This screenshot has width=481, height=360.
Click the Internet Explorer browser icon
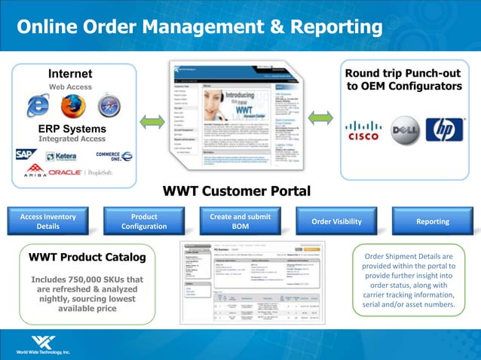click(x=36, y=106)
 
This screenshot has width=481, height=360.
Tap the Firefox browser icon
click(x=72, y=106)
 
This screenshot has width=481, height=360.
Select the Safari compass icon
click(x=108, y=105)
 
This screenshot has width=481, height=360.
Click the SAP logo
click(x=26, y=155)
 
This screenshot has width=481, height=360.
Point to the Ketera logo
click(x=61, y=157)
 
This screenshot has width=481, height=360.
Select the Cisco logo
click(x=363, y=129)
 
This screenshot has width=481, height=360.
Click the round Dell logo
click(x=405, y=129)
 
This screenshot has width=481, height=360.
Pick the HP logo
click(x=445, y=129)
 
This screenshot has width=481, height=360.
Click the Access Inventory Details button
click(x=47, y=221)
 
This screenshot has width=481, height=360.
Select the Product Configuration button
click(x=144, y=221)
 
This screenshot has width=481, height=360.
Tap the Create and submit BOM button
click(x=240, y=221)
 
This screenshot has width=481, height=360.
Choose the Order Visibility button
click(x=336, y=221)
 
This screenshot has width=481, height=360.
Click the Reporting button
click(x=433, y=221)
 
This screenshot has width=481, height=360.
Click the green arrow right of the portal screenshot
click(x=321, y=117)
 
